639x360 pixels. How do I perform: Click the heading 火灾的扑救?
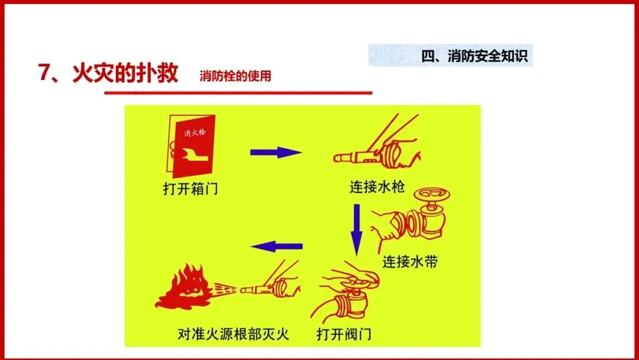coord(125,73)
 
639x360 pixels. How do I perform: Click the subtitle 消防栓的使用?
coord(235,76)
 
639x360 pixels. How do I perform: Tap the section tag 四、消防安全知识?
coord(475,56)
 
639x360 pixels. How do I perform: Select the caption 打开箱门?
coord(191,189)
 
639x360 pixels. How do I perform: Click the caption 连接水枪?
coord(377,187)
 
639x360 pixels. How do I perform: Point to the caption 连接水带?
coord(410,262)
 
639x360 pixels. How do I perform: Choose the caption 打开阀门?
coord(344,335)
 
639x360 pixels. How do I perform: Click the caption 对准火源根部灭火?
coord(233,335)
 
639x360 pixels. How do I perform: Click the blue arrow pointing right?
coord(276,153)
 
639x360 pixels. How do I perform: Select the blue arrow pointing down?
coord(357,230)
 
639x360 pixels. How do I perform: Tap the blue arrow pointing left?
coord(276,246)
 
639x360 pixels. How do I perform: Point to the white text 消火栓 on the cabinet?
coord(195,133)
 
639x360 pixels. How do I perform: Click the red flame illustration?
coord(183,287)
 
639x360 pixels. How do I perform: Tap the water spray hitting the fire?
coord(225,290)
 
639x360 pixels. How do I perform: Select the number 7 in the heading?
coord(43,73)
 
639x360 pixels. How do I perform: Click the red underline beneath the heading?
coord(238,93)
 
